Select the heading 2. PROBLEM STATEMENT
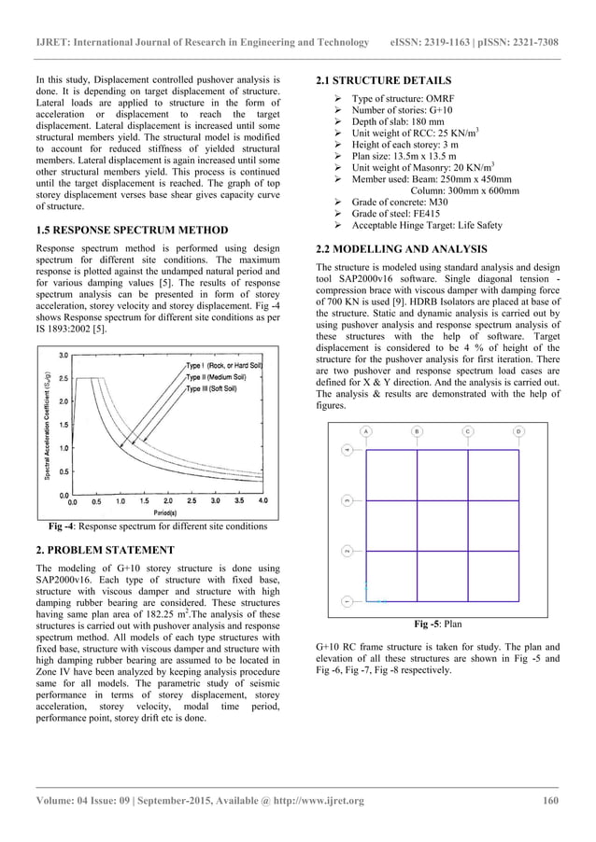tap(100, 548)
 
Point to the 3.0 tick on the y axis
tap(62, 356)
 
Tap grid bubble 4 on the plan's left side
tap(347, 450)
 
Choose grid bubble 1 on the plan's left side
tap(347, 599)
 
